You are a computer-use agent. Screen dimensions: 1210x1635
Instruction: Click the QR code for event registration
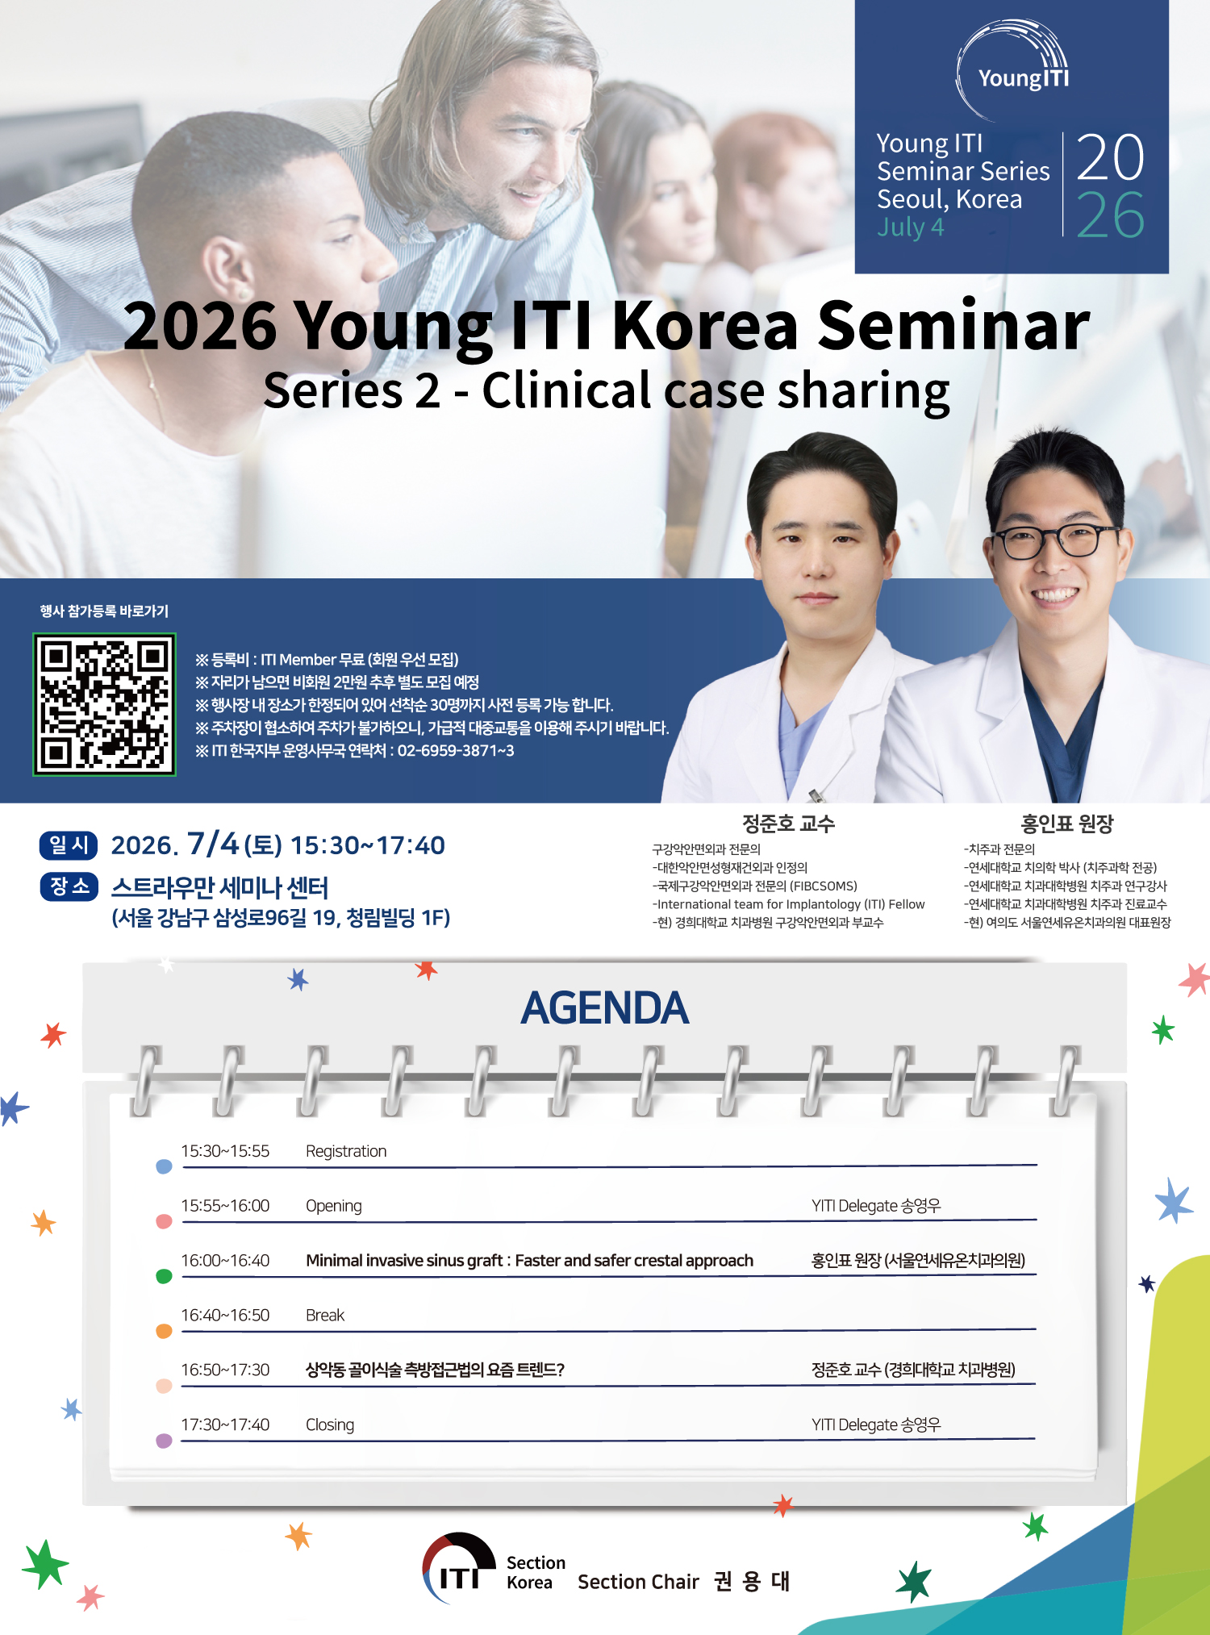pos(104,705)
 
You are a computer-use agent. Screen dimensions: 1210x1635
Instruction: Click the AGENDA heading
pos(605,1008)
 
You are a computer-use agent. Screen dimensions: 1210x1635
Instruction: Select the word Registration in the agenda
pos(346,1151)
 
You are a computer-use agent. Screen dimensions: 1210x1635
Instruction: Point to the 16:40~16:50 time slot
pos(225,1315)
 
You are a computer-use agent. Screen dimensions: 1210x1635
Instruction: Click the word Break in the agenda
pos(325,1315)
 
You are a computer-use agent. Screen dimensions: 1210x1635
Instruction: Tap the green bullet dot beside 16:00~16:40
pos(164,1276)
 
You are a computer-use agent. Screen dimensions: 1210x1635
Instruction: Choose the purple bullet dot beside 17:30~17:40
pos(164,1441)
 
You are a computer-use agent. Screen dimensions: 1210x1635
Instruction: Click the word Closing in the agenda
pos(330,1425)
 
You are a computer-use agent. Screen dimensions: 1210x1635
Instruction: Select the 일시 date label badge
pos(69,845)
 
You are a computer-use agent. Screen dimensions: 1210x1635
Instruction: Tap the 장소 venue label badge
pos(69,886)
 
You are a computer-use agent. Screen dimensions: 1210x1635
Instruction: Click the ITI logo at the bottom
pos(458,1568)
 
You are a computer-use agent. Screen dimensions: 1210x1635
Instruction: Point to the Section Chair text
pos(638,1582)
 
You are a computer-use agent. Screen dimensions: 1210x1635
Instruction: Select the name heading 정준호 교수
pos(788,824)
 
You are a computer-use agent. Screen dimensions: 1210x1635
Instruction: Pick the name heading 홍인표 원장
pos(1066,824)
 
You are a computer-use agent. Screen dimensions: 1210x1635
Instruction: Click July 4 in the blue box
pos(910,227)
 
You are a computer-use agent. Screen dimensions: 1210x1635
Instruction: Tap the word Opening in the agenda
pos(333,1206)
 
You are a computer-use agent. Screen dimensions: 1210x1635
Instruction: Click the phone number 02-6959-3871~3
pos(456,751)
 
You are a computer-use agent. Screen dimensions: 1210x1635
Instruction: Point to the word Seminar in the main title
pos(953,325)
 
